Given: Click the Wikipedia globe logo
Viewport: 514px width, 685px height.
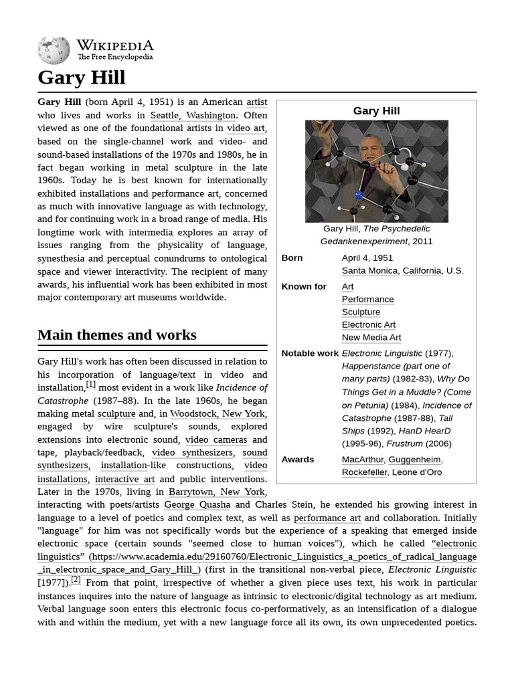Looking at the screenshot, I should pyautogui.click(x=54, y=50).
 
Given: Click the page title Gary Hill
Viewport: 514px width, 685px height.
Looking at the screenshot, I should pyautogui.click(x=81, y=78).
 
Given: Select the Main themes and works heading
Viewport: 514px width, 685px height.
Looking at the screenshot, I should pyautogui.click(x=117, y=334).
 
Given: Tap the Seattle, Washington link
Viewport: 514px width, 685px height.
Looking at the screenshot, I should pyautogui.click(x=193, y=115).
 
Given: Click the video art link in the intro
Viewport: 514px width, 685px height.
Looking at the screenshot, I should pyautogui.click(x=246, y=128).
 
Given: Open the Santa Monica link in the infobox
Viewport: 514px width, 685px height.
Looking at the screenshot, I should pyautogui.click(x=369, y=270).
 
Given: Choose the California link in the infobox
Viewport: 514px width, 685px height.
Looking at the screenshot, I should pyautogui.click(x=422, y=270).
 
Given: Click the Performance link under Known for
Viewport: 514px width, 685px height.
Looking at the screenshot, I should pyautogui.click(x=367, y=299).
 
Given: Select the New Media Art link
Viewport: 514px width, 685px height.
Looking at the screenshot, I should pyautogui.click(x=371, y=337).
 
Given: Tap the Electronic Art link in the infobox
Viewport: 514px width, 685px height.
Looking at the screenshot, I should pyautogui.click(x=368, y=324).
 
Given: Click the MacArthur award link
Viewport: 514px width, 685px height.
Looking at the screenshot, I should pyautogui.click(x=362, y=459).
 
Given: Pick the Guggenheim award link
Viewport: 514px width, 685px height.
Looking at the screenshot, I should pyautogui.click(x=414, y=459).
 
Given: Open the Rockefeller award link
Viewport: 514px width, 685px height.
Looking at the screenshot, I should pyautogui.click(x=364, y=472).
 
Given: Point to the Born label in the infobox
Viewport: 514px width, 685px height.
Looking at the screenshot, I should pyautogui.click(x=292, y=258).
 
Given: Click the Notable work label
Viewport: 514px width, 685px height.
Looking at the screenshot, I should pyautogui.click(x=310, y=353).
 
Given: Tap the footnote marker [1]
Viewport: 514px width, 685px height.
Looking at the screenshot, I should pyautogui.click(x=91, y=385).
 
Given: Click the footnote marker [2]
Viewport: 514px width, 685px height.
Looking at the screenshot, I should pyautogui.click(x=76, y=579).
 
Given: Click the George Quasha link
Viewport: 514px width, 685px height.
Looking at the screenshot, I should pyautogui.click(x=197, y=504).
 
